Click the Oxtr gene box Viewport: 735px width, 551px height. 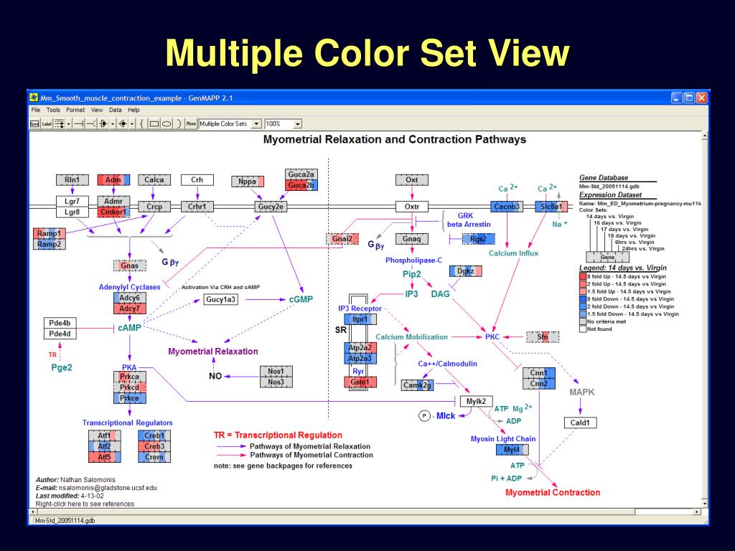pos(411,207)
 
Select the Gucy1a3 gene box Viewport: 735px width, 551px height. pos(220,299)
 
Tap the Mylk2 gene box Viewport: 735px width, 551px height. pos(476,401)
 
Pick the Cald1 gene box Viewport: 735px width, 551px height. pos(579,423)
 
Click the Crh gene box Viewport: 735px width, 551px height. pos(197,180)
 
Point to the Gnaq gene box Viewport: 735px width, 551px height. pos(411,239)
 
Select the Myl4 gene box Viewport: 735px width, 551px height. pos(512,450)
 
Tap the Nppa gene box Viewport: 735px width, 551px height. pos(248,182)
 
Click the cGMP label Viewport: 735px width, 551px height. pos(301,299)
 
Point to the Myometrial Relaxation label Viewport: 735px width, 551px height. pos(213,352)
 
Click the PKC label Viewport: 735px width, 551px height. pos(492,336)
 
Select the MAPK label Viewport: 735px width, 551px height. pos(582,392)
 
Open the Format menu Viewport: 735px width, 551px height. pos(75,110)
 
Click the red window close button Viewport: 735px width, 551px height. pos(701,98)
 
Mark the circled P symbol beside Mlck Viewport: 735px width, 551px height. pos(424,416)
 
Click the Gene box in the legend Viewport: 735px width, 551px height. pos(607,257)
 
